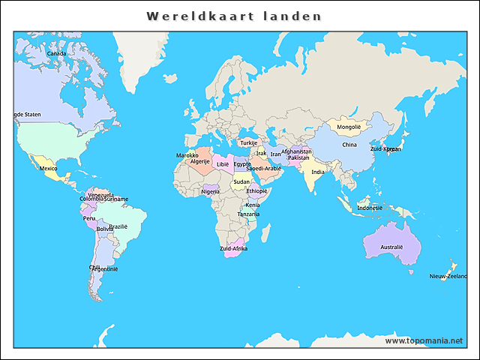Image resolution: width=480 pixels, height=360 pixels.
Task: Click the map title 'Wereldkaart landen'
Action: point(234,16)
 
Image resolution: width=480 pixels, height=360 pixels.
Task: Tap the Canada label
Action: point(56,53)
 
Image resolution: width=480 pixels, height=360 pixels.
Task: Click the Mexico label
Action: point(48,168)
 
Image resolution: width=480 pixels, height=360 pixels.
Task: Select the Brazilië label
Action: point(118,226)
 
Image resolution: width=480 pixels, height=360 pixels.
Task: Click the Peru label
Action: point(89,218)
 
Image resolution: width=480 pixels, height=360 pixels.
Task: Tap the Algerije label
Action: point(199,161)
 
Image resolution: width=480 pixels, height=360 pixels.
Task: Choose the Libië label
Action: point(223,163)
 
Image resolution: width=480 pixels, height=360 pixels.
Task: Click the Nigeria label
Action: point(211,191)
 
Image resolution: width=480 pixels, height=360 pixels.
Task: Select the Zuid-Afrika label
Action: point(233,248)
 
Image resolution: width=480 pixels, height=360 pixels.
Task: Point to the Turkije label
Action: point(248,142)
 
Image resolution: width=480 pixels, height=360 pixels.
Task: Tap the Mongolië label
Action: point(349,127)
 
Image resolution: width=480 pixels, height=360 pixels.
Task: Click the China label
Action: point(349,145)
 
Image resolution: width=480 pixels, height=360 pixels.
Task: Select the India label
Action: point(318,172)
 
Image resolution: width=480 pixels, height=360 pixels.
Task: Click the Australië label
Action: point(391,247)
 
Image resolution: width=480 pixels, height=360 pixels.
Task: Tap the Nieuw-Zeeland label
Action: point(448,276)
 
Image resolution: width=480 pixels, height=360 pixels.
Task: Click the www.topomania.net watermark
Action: point(424,340)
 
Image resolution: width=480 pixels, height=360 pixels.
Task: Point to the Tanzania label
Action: point(248,214)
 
